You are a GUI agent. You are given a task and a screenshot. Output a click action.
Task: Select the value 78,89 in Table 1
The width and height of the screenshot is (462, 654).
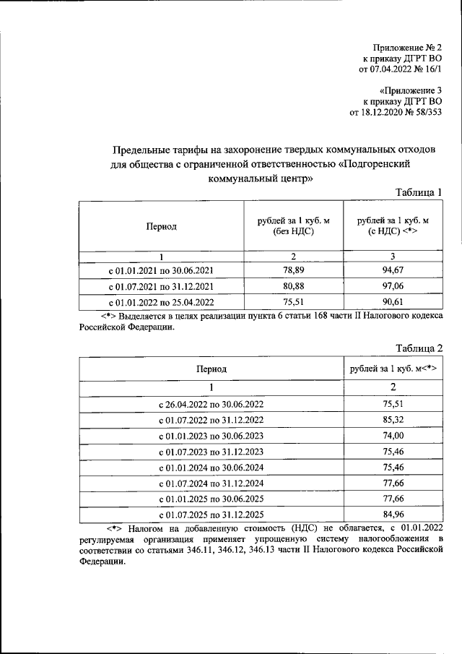pos(294,270)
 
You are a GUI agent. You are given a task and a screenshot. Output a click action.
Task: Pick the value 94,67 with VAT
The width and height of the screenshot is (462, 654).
pos(393,270)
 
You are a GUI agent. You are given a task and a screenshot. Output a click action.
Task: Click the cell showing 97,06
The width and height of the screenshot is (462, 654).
pos(393,286)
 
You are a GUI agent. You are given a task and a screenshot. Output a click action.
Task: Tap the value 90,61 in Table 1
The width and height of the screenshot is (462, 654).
pos(393,302)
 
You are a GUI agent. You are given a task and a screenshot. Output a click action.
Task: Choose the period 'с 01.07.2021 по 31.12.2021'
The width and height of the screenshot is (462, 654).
pos(160,286)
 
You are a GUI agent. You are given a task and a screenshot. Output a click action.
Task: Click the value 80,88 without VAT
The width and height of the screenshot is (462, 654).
pos(294,286)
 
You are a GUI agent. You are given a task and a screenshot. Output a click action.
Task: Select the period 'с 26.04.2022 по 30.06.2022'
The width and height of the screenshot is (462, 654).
pos(211,404)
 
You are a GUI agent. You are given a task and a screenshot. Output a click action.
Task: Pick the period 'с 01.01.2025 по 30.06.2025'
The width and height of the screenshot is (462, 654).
pos(211,499)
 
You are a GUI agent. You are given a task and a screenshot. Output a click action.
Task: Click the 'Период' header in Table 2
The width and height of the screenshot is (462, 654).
pos(211,369)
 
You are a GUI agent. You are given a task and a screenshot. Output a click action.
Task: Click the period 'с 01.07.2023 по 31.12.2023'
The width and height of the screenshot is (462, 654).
pos(211,452)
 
